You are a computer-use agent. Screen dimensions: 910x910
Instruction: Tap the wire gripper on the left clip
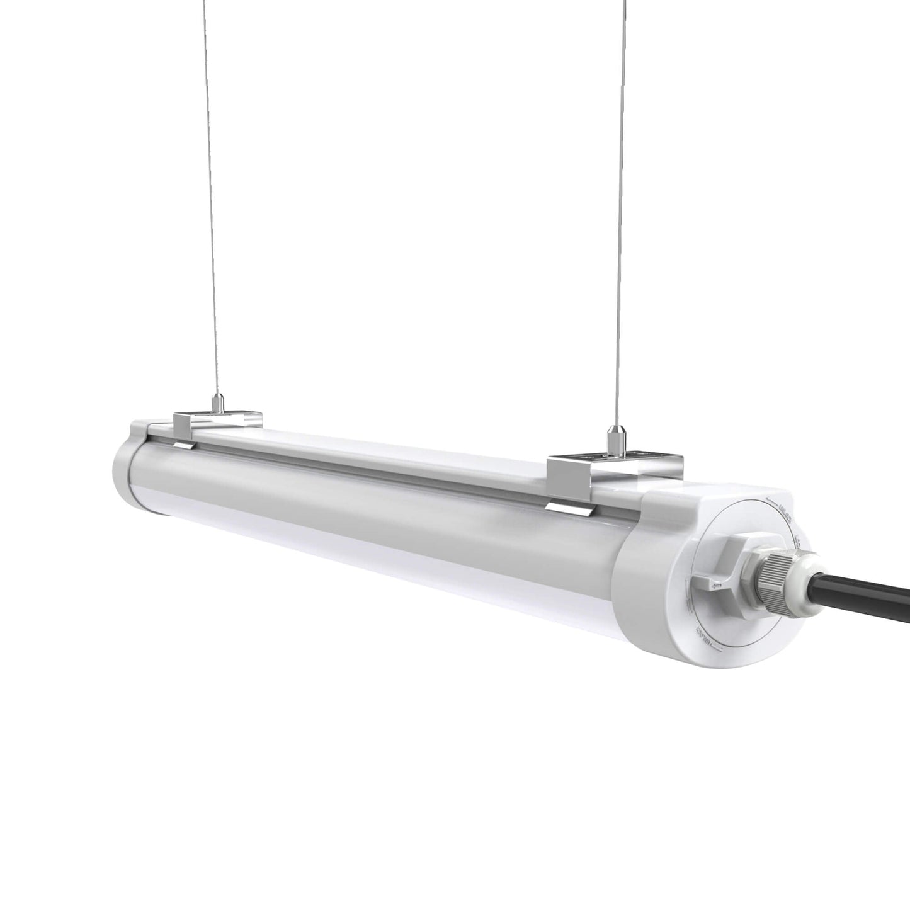pos(217,402)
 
